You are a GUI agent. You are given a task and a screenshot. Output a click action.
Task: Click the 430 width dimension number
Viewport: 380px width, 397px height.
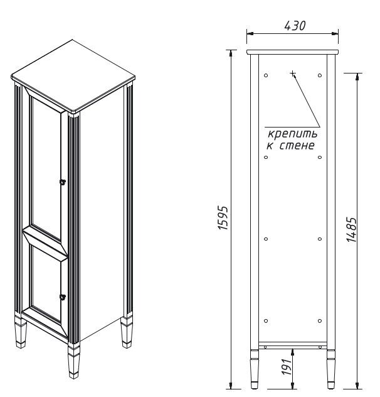click(295, 26)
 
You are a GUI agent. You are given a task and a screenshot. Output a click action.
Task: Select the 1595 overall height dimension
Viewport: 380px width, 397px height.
click(223, 218)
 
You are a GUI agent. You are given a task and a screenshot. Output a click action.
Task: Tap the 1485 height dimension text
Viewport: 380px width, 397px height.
click(352, 229)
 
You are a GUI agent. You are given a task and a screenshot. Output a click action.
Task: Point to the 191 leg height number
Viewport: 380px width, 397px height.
click(287, 367)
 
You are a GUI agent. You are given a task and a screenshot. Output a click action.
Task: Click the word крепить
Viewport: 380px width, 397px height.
click(292, 134)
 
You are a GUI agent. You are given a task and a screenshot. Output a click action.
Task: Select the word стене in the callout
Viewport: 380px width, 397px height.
click(297, 145)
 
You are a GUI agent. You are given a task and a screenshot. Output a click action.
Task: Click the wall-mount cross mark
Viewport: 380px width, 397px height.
click(293, 73)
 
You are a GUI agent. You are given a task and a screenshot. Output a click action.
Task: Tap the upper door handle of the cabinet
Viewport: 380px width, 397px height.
click(63, 182)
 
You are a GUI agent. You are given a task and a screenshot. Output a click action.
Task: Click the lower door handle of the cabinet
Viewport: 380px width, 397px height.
click(63, 296)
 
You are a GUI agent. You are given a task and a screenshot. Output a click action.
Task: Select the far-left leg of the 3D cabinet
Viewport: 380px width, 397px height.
click(21, 332)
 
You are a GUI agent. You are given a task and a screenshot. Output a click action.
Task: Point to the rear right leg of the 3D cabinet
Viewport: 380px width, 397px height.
click(127, 332)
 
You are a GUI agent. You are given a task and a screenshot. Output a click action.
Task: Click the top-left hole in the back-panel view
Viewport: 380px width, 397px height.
click(266, 75)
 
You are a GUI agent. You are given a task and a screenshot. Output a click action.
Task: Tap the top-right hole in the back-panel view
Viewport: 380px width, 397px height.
click(320, 75)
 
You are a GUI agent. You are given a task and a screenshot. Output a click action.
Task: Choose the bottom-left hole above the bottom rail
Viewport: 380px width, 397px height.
click(266, 321)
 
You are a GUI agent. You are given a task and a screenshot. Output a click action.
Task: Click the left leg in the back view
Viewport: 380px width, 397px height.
click(255, 369)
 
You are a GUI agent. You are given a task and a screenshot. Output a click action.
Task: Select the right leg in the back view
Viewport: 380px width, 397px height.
click(331, 369)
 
